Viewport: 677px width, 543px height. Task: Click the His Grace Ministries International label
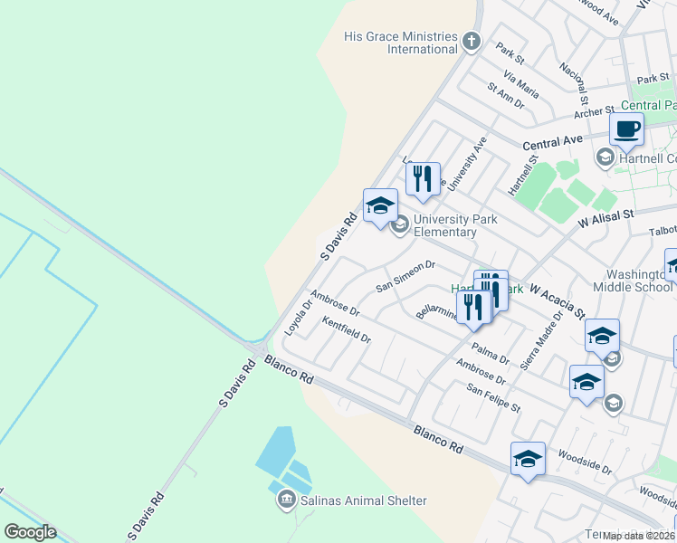click(x=400, y=43)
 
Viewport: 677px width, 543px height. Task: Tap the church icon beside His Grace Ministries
click(x=471, y=41)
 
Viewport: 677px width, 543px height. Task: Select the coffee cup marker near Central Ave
click(x=626, y=130)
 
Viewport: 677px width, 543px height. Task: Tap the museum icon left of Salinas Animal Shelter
click(x=286, y=500)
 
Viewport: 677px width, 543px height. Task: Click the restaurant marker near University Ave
click(x=423, y=179)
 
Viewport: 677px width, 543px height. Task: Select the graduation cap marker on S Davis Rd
click(x=380, y=205)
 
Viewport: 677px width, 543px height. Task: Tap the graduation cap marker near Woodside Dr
click(x=528, y=459)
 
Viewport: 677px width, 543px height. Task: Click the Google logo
click(x=30, y=532)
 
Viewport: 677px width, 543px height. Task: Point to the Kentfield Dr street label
click(x=347, y=330)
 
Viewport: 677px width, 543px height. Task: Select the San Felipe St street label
click(x=493, y=398)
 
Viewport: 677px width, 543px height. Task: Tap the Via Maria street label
click(x=521, y=87)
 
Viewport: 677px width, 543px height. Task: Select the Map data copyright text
click(x=639, y=536)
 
